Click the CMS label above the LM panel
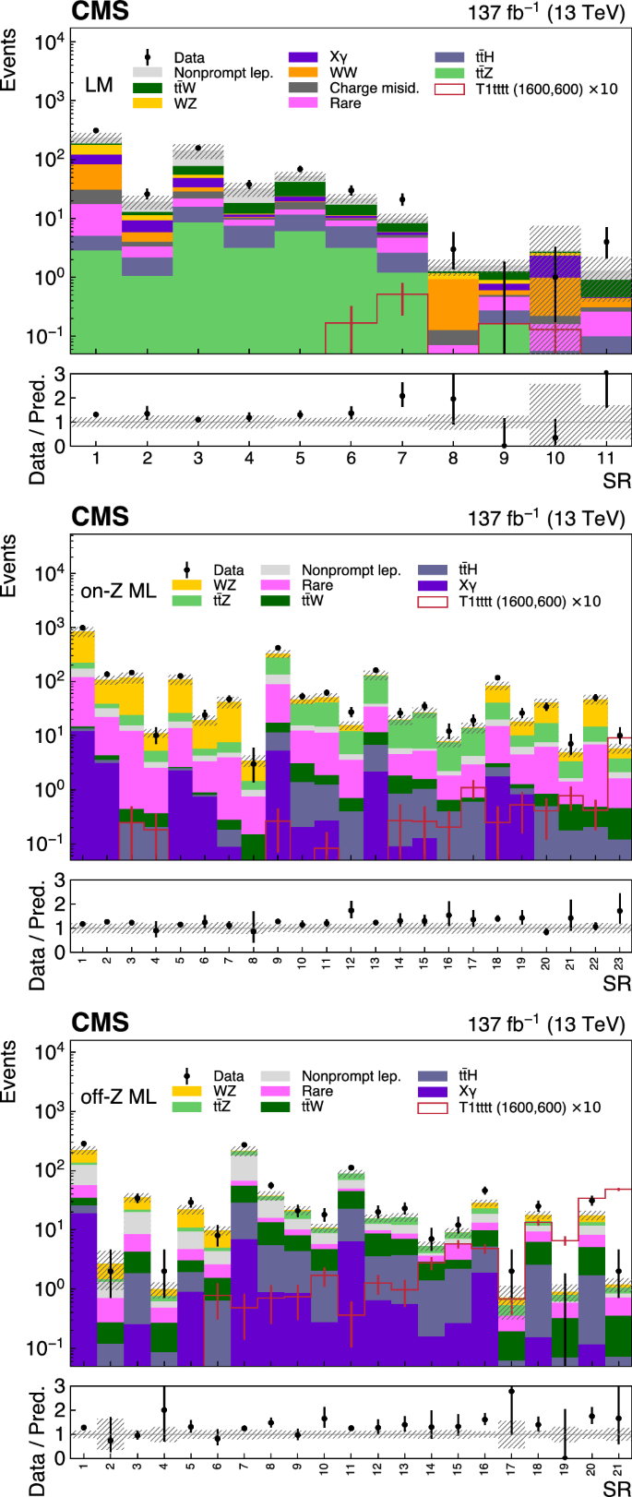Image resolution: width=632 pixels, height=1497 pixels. tap(101, 12)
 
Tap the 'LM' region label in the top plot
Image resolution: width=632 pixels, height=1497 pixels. tap(99, 85)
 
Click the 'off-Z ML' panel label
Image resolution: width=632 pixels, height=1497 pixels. tap(119, 1096)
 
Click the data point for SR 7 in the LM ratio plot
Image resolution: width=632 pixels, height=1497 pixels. tap(401, 396)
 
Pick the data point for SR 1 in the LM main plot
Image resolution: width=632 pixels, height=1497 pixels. tap(96, 131)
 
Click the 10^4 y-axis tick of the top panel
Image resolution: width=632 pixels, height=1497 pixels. tap(52, 42)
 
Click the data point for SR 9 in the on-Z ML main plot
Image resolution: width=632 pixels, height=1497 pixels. tap(278, 648)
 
